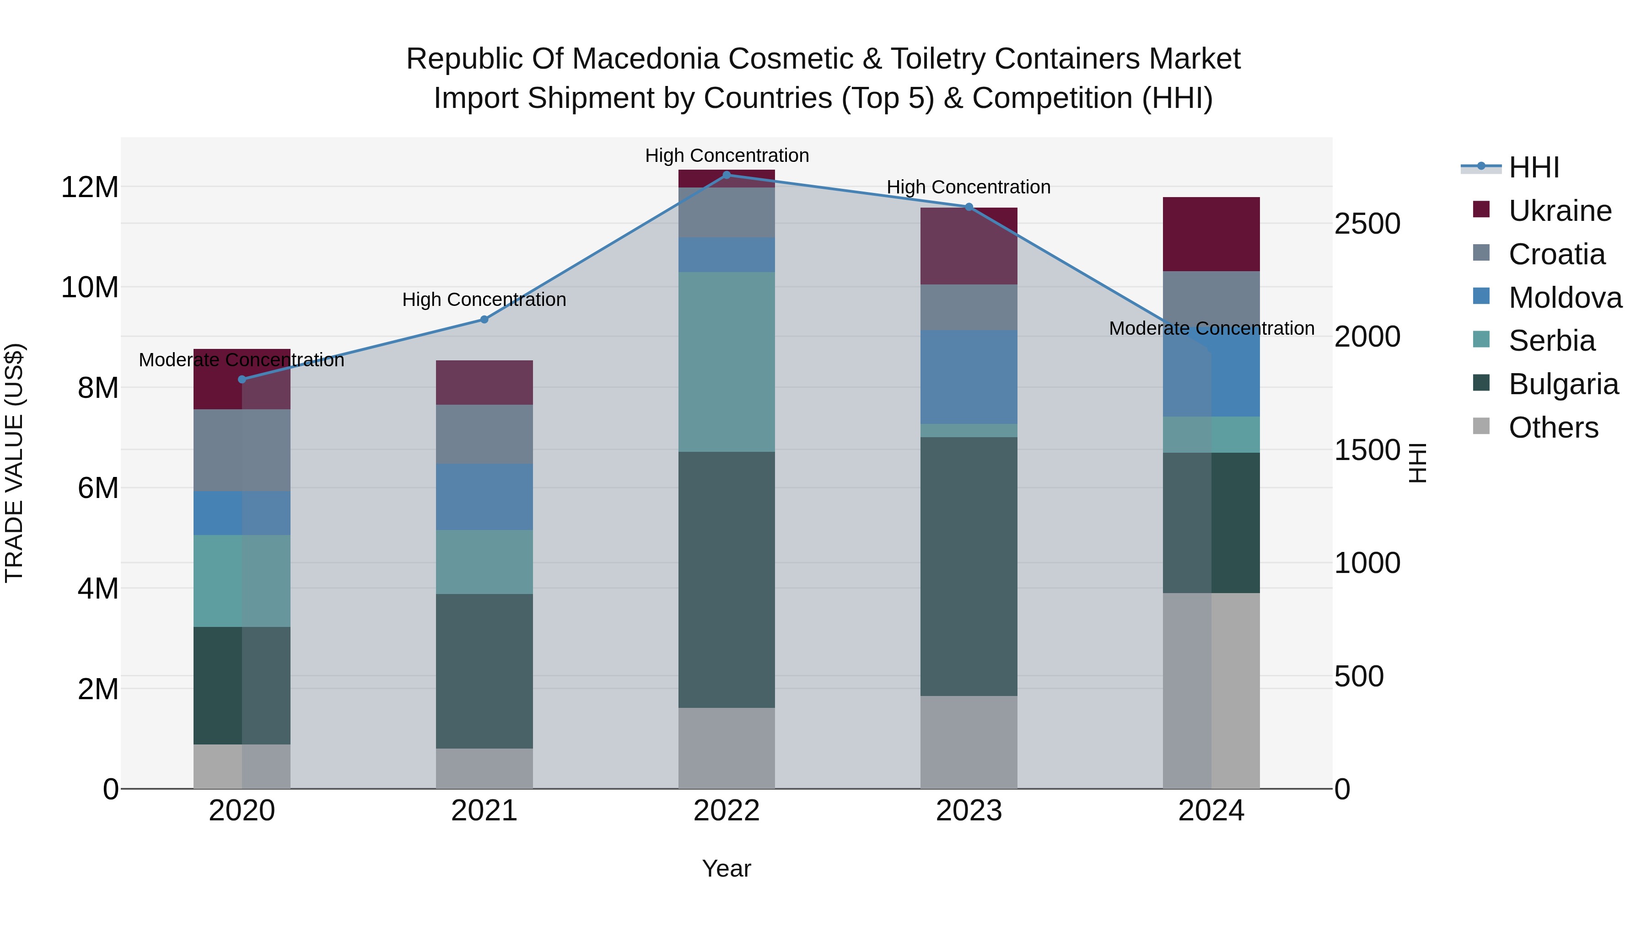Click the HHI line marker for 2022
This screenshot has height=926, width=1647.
tap(727, 175)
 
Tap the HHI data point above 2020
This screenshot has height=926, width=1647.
tap(242, 379)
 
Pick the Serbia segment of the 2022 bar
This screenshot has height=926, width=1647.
tap(727, 362)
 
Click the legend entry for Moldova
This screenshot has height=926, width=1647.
tap(1565, 298)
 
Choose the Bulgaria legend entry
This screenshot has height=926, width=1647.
tap(1563, 384)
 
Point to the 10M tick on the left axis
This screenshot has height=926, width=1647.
tap(90, 288)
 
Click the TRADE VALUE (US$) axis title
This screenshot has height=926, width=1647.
tap(14, 463)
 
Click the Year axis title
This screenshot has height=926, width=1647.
tap(727, 868)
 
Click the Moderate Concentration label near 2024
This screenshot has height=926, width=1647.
tap(1211, 328)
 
